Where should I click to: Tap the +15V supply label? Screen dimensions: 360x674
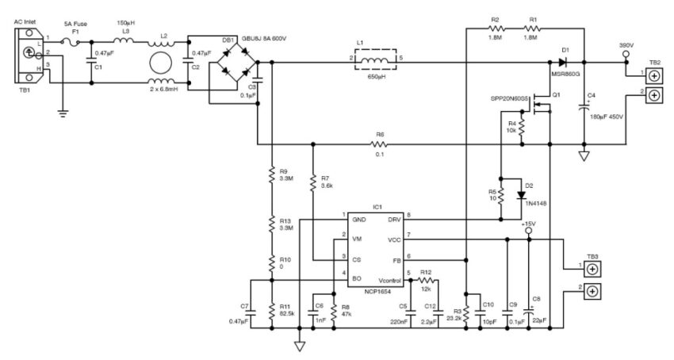click(x=529, y=224)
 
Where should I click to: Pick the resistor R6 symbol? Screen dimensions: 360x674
click(x=379, y=145)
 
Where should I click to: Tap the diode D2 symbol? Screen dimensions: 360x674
click(x=520, y=193)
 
